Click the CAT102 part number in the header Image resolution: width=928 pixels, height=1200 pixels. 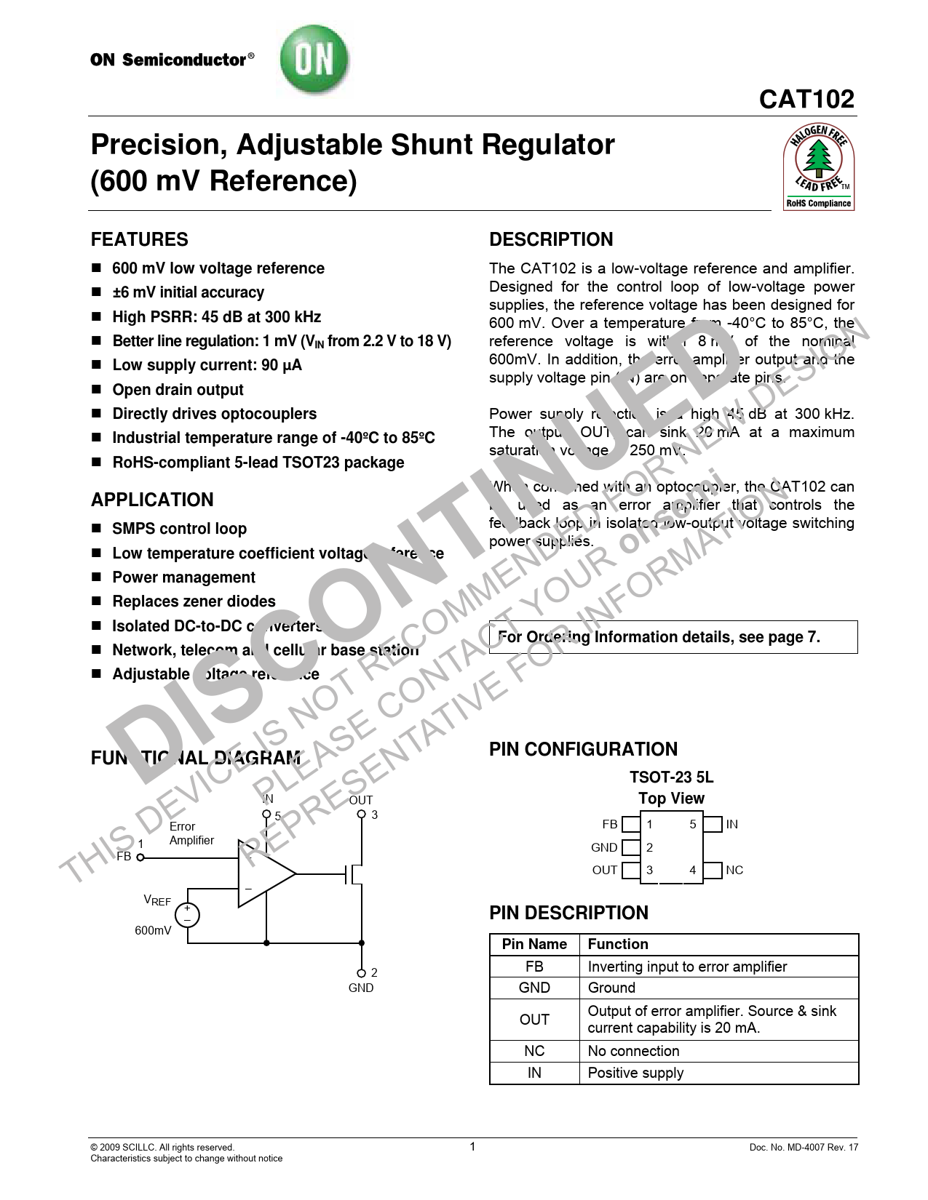point(806,99)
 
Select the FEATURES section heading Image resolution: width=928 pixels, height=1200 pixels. point(139,239)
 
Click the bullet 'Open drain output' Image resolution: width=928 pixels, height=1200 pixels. point(178,390)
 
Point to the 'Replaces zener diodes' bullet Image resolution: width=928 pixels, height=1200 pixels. point(194,601)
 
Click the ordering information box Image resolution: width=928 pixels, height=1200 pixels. point(673,637)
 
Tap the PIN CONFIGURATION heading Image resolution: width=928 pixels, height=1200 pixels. point(583,749)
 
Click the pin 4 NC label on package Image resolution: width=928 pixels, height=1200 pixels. point(734,871)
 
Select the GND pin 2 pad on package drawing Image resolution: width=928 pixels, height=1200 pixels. point(631,847)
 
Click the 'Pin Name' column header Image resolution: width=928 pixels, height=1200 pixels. point(534,944)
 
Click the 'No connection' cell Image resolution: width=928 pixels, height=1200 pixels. point(633,1051)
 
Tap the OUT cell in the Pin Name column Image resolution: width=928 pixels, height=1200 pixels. point(534,1020)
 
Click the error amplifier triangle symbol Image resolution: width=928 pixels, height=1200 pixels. point(264,874)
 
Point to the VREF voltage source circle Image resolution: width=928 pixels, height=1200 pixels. point(187,914)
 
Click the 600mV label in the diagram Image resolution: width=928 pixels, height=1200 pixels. point(153,930)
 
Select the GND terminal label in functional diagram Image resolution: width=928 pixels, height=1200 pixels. point(361,988)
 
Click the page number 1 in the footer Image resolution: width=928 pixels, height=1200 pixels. point(472,1147)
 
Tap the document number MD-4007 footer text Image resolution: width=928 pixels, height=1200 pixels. point(803,1148)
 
